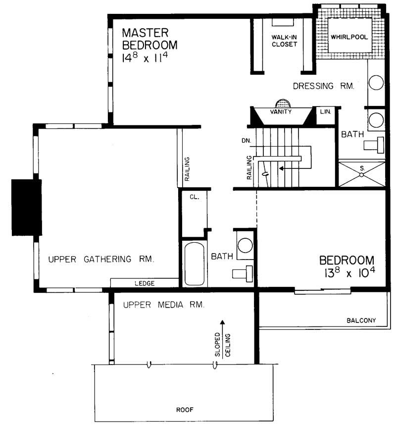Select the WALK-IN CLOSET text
284,41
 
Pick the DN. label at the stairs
247,141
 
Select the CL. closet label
194,197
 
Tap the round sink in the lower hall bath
245,246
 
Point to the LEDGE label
145,283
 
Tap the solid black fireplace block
26,208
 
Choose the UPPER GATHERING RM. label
101,259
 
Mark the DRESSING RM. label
323,86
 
